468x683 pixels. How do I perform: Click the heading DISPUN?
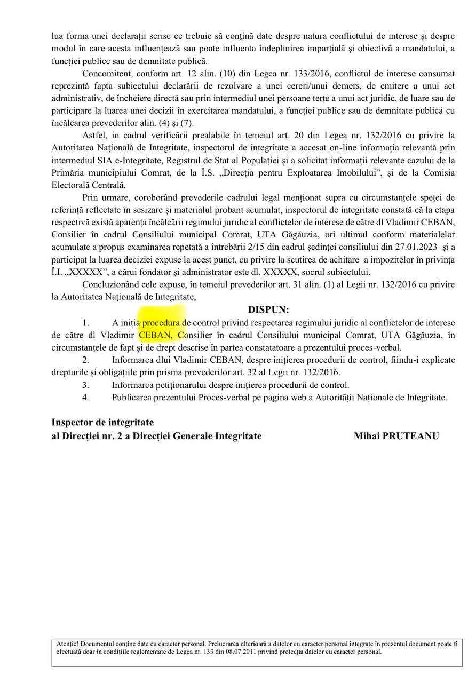[268, 310]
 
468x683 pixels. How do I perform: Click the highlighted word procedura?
[161, 323]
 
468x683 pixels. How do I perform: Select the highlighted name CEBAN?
[155, 335]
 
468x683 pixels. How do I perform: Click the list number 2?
[85, 360]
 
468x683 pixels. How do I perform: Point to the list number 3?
[85, 385]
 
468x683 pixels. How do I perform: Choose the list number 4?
[85, 397]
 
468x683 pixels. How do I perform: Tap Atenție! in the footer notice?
[67, 644]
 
